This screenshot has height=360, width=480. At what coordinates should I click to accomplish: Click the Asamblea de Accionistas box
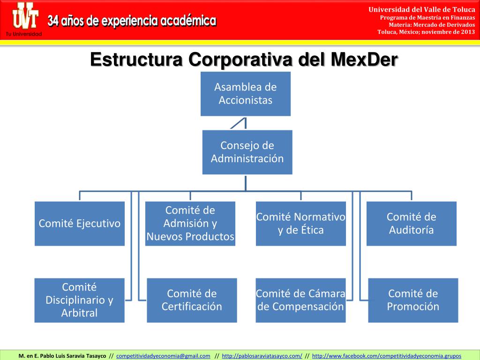click(x=245, y=94)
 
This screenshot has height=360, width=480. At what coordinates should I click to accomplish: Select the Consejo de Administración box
click(x=247, y=152)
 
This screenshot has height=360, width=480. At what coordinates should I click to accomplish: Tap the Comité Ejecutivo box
click(x=80, y=224)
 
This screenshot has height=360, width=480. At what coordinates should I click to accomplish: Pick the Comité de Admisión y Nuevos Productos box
click(x=190, y=224)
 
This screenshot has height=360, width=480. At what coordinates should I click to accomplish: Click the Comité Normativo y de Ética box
click(x=300, y=224)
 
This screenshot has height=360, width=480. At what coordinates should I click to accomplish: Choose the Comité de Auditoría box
click(x=411, y=224)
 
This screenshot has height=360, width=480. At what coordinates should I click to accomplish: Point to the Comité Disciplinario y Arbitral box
click(x=79, y=300)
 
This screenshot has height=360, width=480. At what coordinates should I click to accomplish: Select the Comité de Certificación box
click(x=192, y=300)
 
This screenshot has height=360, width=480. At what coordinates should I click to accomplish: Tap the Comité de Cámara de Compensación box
click(x=300, y=300)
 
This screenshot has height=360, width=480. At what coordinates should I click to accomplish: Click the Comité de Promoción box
click(x=413, y=300)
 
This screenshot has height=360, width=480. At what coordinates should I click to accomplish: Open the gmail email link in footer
click(x=163, y=356)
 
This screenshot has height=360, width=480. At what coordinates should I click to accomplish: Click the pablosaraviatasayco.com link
click(x=262, y=356)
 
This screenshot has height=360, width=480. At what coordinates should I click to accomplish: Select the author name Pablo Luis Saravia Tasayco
click(x=69, y=356)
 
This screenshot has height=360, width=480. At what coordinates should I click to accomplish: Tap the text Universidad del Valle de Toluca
click(x=422, y=9)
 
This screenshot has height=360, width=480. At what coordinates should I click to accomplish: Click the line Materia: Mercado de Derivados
click(x=428, y=25)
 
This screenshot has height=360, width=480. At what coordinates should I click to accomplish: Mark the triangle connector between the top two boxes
click(x=239, y=124)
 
